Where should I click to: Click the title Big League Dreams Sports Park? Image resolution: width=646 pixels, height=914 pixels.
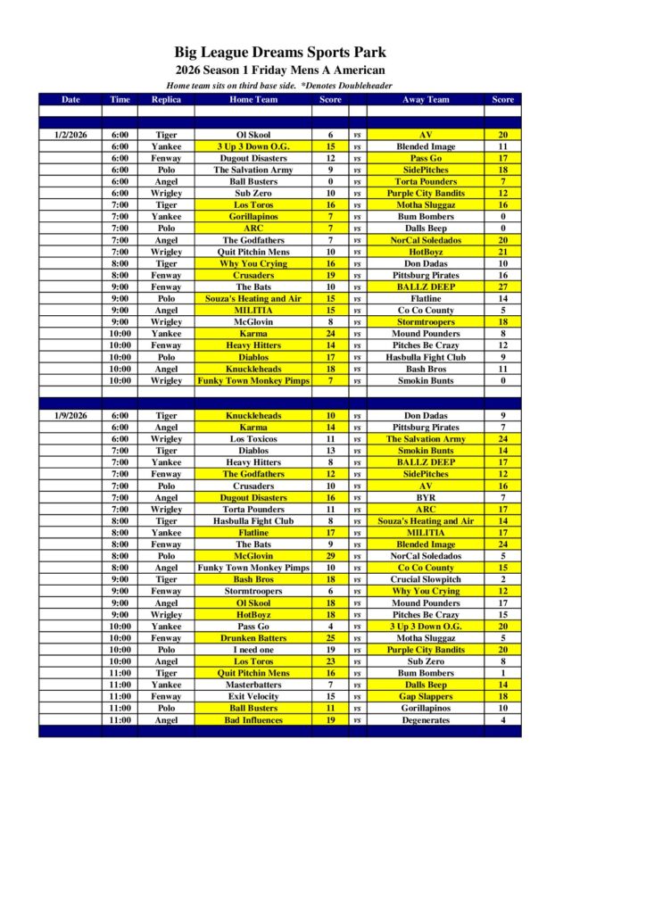point(280,53)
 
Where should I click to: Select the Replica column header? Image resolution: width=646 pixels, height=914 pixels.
point(166,99)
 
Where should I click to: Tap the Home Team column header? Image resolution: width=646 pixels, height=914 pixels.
point(253,99)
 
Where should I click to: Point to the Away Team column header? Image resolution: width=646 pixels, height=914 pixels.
point(426,99)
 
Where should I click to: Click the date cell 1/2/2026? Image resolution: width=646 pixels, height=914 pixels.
point(70,135)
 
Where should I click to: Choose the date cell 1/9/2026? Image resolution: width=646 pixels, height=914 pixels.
point(70,416)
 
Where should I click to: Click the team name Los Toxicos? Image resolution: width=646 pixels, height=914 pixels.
point(253,439)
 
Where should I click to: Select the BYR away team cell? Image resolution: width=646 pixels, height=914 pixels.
point(426,497)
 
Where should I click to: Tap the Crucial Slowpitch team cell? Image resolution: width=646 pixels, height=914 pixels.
point(426,579)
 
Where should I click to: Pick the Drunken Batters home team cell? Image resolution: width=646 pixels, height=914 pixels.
point(253,638)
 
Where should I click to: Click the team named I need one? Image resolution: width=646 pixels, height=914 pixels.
point(253,650)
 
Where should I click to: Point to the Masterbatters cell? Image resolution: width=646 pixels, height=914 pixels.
point(253,685)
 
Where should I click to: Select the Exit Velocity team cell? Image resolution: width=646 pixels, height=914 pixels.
point(253,696)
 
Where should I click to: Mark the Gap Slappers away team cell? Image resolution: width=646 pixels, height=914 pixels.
point(426,696)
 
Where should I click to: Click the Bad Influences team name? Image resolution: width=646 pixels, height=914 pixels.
point(253,720)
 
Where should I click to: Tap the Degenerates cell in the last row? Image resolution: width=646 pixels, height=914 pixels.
point(426,720)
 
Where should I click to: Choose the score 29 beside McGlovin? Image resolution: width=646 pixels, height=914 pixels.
point(330,556)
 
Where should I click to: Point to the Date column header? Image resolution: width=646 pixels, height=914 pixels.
point(70,99)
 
